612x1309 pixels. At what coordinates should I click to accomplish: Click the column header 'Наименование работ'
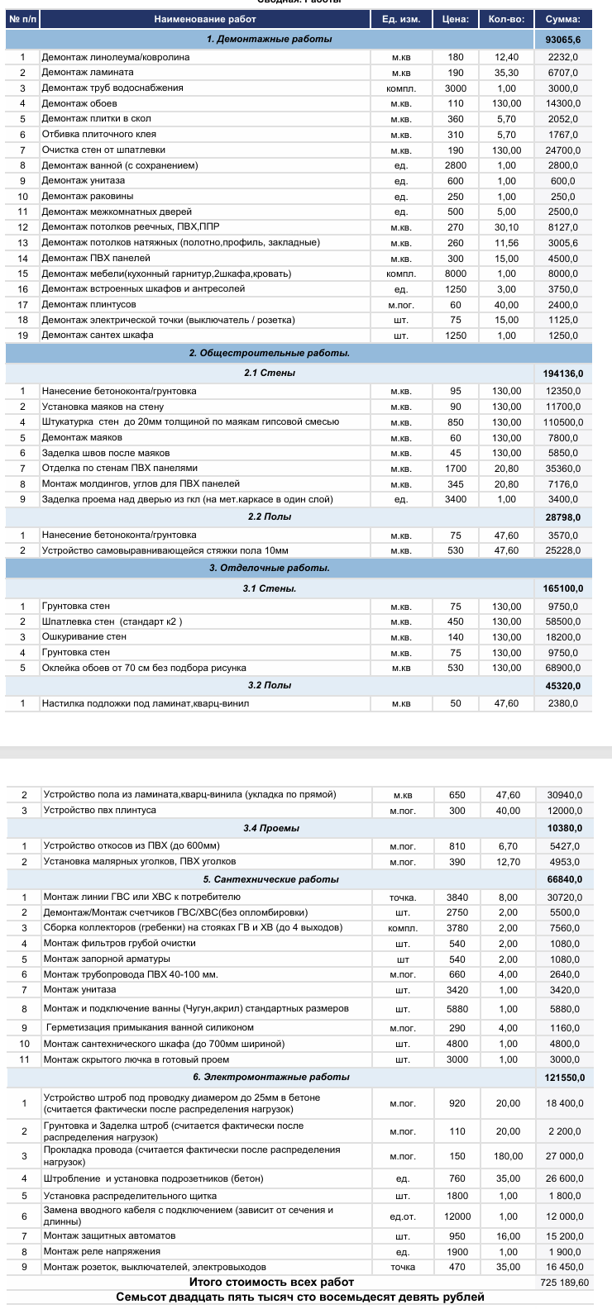[x=205, y=19]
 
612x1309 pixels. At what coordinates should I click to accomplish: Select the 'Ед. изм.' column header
[x=401, y=19]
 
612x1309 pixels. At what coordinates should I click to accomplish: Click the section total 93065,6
[x=563, y=40]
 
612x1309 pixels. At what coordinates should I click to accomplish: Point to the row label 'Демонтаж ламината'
[x=88, y=73]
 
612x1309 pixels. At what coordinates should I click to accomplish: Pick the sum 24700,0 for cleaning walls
[x=563, y=150]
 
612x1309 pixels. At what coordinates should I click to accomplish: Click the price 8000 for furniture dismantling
[x=456, y=274]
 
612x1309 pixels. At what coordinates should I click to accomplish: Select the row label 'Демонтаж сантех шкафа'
[x=98, y=336]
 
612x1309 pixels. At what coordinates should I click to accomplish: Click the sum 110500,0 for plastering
[x=562, y=422]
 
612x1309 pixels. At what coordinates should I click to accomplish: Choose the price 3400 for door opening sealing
[x=456, y=499]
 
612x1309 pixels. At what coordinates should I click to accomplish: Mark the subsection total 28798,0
[x=562, y=517]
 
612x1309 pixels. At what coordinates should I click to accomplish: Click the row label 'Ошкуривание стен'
[x=84, y=637]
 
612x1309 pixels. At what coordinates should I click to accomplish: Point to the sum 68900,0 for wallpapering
[x=563, y=668]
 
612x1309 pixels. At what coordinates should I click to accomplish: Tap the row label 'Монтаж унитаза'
[x=80, y=990]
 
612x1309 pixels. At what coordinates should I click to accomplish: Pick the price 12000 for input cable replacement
[x=457, y=1216]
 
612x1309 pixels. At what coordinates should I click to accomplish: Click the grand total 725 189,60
[x=562, y=1283]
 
